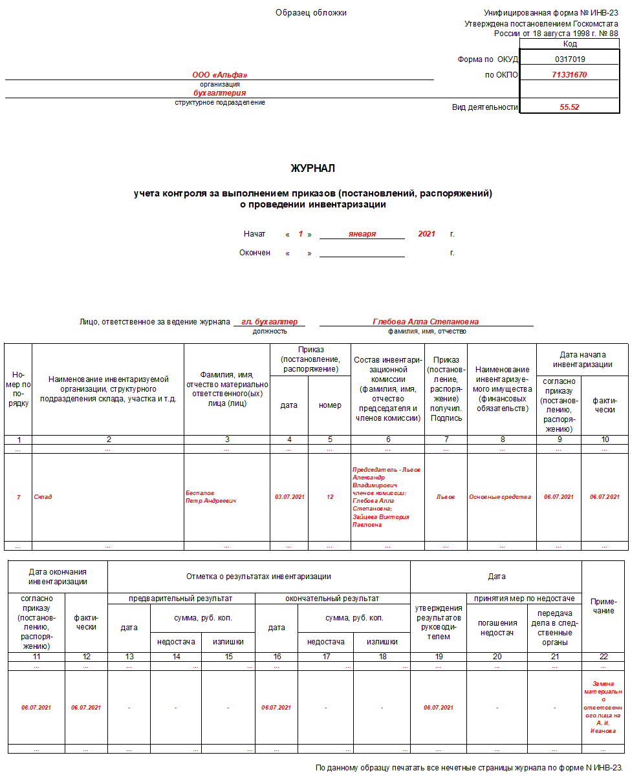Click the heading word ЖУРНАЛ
click(x=313, y=169)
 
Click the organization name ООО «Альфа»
click(x=219, y=75)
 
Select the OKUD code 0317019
click(x=569, y=59)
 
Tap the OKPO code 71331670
click(x=569, y=75)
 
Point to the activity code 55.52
click(x=569, y=107)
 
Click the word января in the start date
click(x=362, y=234)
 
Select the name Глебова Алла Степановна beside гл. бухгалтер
click(x=426, y=321)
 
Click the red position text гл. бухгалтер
click(x=269, y=321)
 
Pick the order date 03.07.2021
click(x=289, y=497)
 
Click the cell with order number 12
click(x=330, y=497)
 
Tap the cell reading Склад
click(x=43, y=497)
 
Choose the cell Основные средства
click(x=500, y=497)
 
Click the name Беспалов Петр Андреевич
click(x=211, y=497)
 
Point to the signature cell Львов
click(x=445, y=497)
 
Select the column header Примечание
click(x=603, y=606)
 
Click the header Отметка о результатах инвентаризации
click(x=259, y=577)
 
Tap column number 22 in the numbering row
click(x=603, y=657)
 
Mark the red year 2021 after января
click(x=426, y=234)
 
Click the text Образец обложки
click(x=311, y=13)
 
